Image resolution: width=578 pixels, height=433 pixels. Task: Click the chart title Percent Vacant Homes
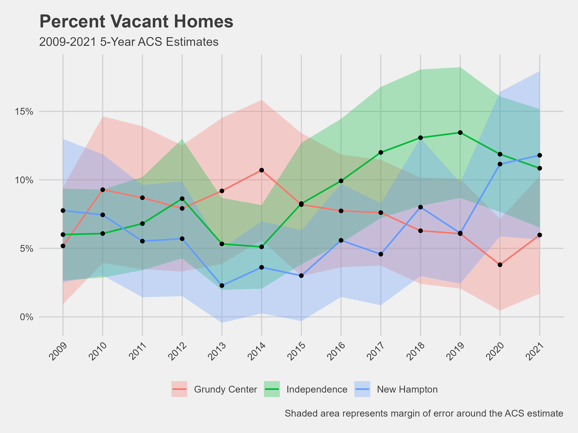136,21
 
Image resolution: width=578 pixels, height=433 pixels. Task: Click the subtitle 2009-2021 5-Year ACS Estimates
129,42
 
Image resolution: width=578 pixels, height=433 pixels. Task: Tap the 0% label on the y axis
26,317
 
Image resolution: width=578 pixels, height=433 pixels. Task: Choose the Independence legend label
317,389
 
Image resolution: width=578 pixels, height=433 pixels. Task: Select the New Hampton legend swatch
362,389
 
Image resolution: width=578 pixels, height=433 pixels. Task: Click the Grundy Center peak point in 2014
262,170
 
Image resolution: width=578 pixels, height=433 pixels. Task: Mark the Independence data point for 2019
460,133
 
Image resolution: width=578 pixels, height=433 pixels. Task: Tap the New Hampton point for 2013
222,286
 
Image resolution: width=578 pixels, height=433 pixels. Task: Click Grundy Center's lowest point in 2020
500,265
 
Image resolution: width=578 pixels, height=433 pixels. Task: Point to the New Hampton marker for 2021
540,155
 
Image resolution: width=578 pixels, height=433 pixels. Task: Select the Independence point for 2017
381,152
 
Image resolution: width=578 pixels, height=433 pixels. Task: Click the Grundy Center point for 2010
103,190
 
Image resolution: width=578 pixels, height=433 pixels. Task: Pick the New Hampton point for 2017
381,254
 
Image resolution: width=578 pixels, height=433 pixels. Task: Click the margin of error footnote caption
424,414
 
